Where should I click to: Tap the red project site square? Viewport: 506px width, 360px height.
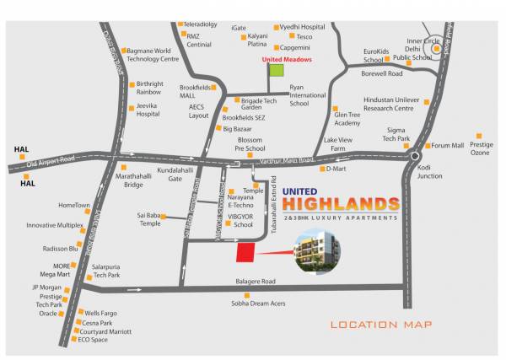[245, 253]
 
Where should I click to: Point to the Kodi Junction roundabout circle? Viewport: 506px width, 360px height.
[415, 156]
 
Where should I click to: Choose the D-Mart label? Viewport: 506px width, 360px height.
[336, 169]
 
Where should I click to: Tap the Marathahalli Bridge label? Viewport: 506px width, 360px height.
[133, 180]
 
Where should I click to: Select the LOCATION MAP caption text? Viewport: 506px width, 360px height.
[381, 325]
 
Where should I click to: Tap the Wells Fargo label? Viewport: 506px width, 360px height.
[100, 313]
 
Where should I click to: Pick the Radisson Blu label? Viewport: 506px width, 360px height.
[61, 249]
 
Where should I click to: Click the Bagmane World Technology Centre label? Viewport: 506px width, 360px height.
[153, 55]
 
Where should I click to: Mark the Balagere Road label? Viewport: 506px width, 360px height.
[256, 281]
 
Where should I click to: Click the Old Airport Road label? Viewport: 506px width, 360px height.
[50, 159]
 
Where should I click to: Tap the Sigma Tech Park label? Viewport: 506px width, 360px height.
[396, 135]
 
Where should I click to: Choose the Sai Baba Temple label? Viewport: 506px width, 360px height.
[150, 219]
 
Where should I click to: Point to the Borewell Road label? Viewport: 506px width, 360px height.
[382, 74]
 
